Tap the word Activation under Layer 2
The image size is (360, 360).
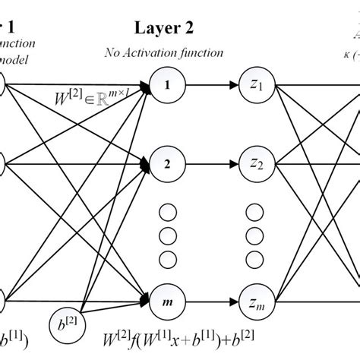tap(159, 52)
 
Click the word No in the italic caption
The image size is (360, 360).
tap(115, 52)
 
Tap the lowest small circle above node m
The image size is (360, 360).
tap(166, 251)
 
